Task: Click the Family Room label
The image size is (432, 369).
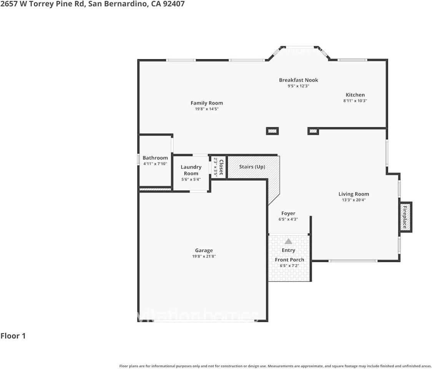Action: coord(207,103)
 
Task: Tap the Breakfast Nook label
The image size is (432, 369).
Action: coord(298,80)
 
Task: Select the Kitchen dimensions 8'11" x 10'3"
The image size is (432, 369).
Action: coord(355,101)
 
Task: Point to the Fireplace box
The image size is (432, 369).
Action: coord(405,217)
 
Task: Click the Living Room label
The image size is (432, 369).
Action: coord(354,194)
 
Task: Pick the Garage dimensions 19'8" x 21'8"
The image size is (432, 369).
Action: coord(204,256)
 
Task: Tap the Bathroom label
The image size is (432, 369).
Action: coord(155,158)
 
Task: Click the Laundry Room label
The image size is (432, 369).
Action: coord(191,170)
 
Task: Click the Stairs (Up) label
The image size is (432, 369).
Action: coord(252,167)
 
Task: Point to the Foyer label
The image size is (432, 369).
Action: coord(288,213)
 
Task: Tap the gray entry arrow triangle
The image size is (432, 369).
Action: coord(288,241)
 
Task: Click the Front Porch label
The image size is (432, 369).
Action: coord(289,260)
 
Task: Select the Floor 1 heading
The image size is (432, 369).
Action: coord(13,336)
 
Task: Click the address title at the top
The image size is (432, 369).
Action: coord(92,4)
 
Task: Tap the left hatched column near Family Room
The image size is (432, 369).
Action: coord(272,131)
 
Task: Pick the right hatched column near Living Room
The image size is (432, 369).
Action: coord(313,131)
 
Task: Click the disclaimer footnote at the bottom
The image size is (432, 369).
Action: coord(275,366)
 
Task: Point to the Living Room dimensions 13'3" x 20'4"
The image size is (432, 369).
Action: coord(354,200)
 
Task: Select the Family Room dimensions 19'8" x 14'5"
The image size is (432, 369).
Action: coord(207,109)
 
